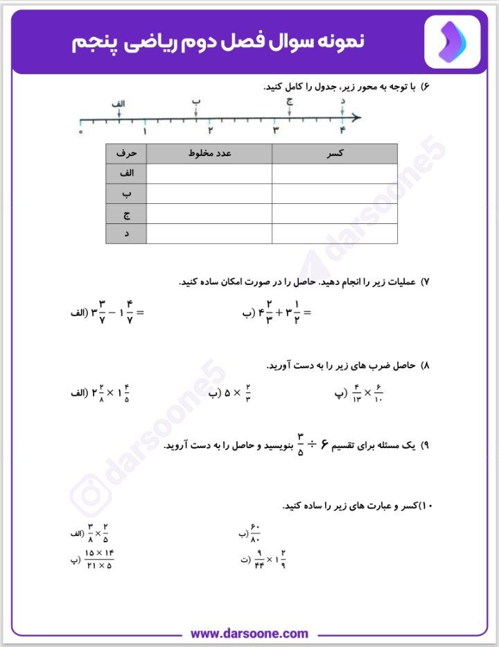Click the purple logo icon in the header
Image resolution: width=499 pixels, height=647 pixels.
[452, 42]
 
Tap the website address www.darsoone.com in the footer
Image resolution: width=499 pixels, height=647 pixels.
[249, 633]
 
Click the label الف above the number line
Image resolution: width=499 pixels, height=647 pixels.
[119, 103]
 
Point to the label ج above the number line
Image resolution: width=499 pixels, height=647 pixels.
[290, 102]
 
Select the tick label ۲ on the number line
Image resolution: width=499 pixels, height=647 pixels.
[210, 130]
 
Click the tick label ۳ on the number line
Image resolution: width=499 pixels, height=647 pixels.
[275, 130]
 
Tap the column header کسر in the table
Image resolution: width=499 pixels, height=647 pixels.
[335, 153]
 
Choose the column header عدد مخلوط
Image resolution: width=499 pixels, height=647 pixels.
[209, 153]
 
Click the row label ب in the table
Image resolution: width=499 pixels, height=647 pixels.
[126, 193]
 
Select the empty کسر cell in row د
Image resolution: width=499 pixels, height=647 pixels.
[335, 234]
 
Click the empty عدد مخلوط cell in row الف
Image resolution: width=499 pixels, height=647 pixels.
[209, 173]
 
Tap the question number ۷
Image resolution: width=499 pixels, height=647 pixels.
[426, 282]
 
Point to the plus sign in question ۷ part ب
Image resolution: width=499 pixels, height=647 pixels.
[279, 313]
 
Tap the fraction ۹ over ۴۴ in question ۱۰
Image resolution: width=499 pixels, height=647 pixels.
[259, 558]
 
